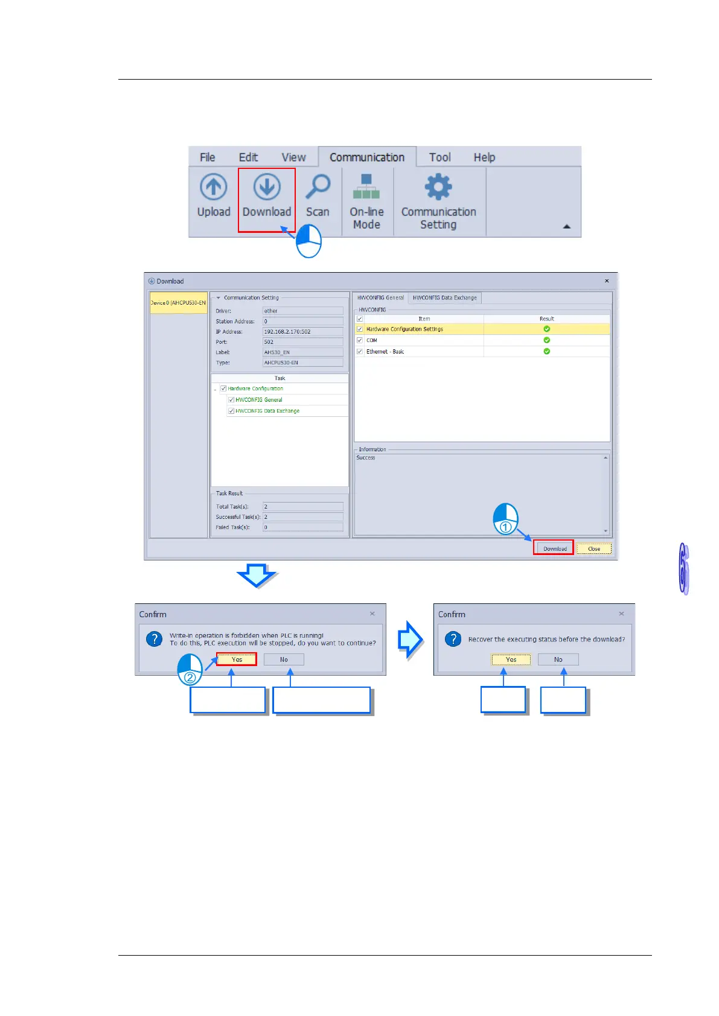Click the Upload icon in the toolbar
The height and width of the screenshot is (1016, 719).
tap(214, 187)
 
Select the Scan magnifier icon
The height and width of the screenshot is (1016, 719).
tap(318, 187)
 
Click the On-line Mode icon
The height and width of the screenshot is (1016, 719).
tap(366, 186)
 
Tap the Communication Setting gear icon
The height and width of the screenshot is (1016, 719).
tap(438, 187)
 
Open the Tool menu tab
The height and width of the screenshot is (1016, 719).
tap(439, 157)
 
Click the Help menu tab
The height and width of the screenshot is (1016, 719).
tap(484, 157)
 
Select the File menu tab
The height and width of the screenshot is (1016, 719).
tap(207, 157)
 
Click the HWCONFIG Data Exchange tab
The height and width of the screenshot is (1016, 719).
tap(444, 297)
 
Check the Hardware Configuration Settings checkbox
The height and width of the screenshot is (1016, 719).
tap(360, 329)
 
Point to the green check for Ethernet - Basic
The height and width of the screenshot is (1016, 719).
tap(546, 351)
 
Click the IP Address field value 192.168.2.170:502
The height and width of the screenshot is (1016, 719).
tap(302, 332)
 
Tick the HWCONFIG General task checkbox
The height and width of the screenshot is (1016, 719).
tap(231, 400)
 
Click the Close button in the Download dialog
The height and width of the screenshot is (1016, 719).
tap(594, 548)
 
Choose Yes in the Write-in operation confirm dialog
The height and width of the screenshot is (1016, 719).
tap(237, 659)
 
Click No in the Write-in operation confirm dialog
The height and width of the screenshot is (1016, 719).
tap(284, 659)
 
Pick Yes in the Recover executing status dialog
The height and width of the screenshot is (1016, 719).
tap(511, 659)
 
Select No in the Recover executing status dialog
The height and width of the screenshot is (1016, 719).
tap(558, 659)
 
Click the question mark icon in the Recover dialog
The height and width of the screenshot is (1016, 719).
tap(453, 639)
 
